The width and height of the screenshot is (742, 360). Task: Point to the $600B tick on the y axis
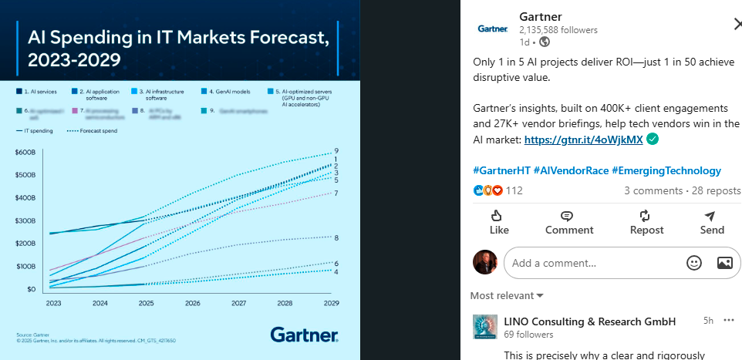pyautogui.click(x=25, y=152)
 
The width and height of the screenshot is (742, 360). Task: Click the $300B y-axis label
pyautogui.click(x=25, y=221)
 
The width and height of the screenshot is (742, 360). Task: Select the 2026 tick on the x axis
pyautogui.click(x=192, y=304)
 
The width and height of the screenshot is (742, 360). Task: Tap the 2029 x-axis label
pyautogui.click(x=331, y=304)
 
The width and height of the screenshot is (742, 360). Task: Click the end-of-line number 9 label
pyautogui.click(x=336, y=150)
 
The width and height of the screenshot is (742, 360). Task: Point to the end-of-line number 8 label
pyautogui.click(x=336, y=237)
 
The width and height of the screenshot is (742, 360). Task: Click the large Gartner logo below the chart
pyautogui.click(x=304, y=335)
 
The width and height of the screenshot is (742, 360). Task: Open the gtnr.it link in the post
pyautogui.click(x=584, y=140)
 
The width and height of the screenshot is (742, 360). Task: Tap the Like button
pyautogui.click(x=499, y=222)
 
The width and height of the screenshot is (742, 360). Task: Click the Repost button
pyautogui.click(x=646, y=222)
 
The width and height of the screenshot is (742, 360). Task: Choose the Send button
pyautogui.click(x=711, y=222)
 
